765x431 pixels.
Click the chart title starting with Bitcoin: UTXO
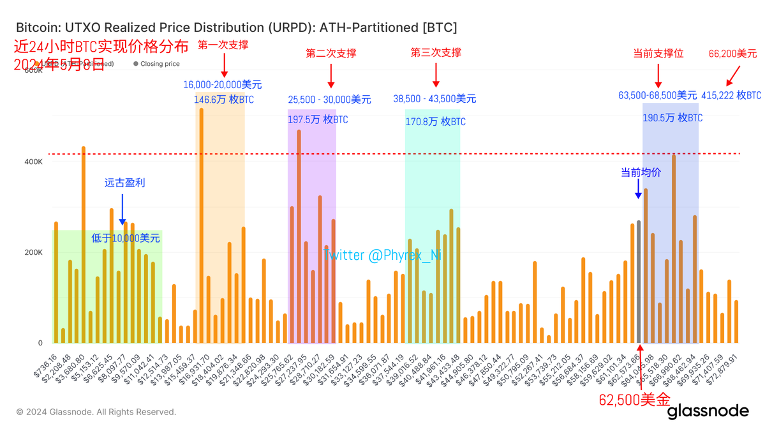(235, 28)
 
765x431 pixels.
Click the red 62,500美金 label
(634, 400)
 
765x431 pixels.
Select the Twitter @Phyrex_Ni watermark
(383, 255)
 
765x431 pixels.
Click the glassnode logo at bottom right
(708, 412)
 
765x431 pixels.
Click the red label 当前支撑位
(658, 54)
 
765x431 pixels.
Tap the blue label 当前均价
(641, 172)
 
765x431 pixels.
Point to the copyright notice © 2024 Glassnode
(96, 412)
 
